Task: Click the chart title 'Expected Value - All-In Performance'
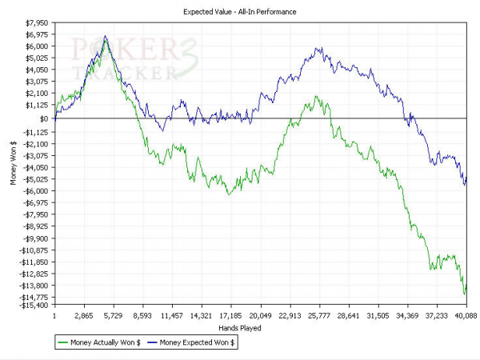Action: click(239, 12)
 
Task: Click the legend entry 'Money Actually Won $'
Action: click(98, 342)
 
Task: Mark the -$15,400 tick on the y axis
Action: click(34, 305)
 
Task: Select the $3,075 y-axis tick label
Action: click(37, 81)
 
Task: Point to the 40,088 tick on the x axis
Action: click(466, 316)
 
